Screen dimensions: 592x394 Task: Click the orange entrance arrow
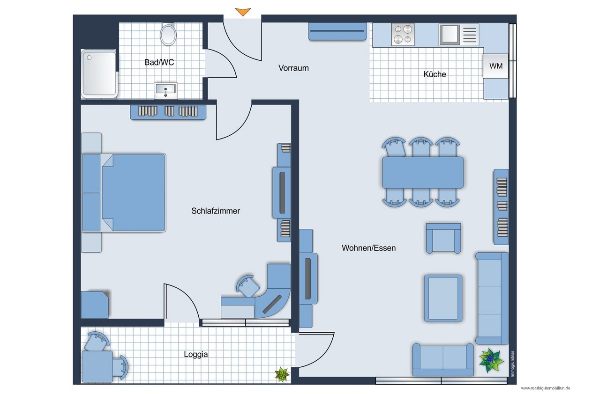pos(243,12)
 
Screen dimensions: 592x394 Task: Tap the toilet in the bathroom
pos(168,34)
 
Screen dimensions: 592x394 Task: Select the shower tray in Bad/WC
pos(99,73)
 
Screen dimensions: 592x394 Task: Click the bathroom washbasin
pos(166,90)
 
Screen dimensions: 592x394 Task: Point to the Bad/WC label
pos(159,62)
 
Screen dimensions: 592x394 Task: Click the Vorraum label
pos(293,68)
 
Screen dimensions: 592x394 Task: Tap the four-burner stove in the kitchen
pos(403,35)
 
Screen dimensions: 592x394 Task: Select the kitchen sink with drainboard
pos(459,35)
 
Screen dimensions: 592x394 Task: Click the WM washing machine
pos(495,66)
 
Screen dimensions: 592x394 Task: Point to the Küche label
pos(435,74)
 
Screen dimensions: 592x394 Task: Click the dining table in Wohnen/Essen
pos(423,173)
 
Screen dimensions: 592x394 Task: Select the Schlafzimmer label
pos(216,211)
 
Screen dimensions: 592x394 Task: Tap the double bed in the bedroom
pos(124,193)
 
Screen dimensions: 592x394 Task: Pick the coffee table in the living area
pos(443,299)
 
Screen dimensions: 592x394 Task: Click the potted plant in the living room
pos(491,360)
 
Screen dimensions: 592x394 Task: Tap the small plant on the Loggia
pos(282,374)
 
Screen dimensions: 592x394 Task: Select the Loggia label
pos(196,354)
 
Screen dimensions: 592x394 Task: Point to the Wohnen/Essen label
pos(369,248)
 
